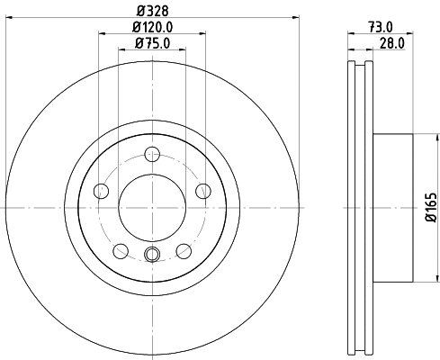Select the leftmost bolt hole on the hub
pos(101,190)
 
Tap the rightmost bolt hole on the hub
pos(203,190)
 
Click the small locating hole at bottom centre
pos(152,255)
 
